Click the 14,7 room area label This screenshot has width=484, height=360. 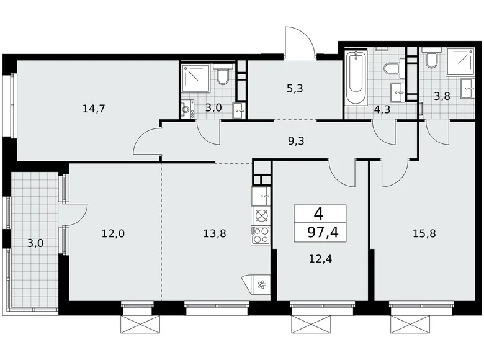point(94,109)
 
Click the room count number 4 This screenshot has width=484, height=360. point(318,214)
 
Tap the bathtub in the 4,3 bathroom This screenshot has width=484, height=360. point(356,79)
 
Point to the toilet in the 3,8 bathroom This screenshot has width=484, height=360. point(430,61)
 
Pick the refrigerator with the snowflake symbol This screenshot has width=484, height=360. point(259,284)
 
